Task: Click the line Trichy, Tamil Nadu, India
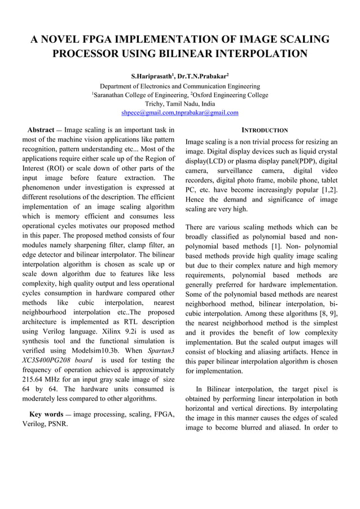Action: point(180,104)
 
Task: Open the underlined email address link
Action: point(180,113)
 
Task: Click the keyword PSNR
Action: point(54,425)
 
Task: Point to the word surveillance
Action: point(237,169)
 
